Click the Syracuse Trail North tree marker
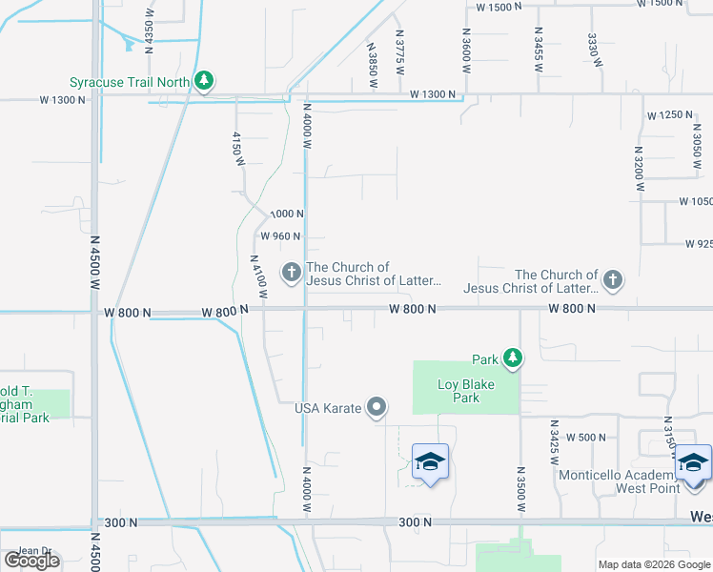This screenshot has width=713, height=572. pos(203,82)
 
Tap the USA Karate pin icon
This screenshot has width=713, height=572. pos(377,408)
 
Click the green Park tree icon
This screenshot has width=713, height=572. pos(514,358)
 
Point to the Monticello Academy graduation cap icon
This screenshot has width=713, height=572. pos(693,463)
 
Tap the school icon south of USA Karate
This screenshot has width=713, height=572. pos(430,463)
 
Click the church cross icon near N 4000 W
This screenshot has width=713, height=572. pos(291,274)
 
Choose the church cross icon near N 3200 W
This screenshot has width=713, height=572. pos(613,280)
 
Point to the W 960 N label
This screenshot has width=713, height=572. pos(280,236)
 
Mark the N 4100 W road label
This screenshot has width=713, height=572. pos(255,278)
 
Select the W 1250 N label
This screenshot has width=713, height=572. pos(669,115)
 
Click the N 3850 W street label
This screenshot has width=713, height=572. pos(373,66)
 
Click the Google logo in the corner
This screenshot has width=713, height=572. pos(31,560)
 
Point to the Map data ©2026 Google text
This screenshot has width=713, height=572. pos(653,564)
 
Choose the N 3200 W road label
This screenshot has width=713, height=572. pos(638,171)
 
